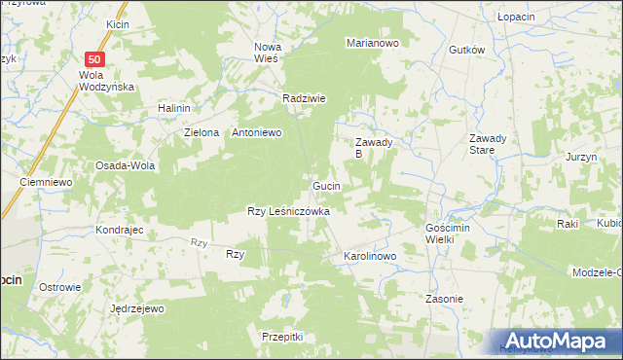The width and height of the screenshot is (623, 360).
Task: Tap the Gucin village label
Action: click(326, 185)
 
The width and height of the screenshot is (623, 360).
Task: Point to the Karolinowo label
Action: click(369, 257)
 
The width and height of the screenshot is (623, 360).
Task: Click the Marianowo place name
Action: click(373, 43)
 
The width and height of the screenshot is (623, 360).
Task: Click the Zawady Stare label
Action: click(488, 144)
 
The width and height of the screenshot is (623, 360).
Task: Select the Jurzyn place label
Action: click(580, 157)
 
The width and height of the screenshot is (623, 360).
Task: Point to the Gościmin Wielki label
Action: click(448, 233)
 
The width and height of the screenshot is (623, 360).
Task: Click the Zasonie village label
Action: click(444, 299)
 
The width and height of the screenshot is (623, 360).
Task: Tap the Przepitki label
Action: click(283, 336)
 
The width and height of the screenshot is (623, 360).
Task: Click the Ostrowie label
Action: click(59, 287)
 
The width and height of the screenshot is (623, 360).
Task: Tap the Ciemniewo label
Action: click(48, 182)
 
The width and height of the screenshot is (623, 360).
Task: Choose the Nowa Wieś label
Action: click(267, 53)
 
